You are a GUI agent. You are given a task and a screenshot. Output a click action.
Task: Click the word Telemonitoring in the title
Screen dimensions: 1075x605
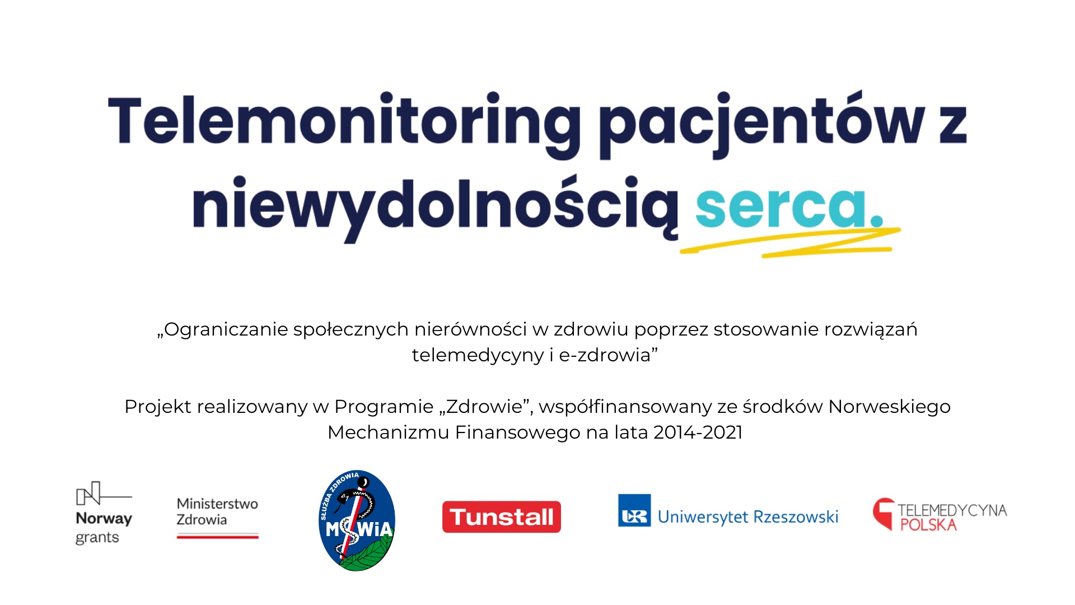pyautogui.click(x=344, y=124)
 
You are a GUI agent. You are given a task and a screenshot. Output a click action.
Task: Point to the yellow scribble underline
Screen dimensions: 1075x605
pyautogui.click(x=790, y=243)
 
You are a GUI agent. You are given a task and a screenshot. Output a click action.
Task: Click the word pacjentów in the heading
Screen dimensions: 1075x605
pyautogui.click(x=761, y=124)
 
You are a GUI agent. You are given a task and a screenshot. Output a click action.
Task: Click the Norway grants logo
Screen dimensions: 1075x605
pyautogui.click(x=104, y=513)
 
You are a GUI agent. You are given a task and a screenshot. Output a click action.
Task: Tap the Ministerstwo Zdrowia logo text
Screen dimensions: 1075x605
pyautogui.click(x=217, y=511)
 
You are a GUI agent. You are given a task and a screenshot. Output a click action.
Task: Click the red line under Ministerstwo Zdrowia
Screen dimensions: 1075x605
pyautogui.click(x=217, y=537)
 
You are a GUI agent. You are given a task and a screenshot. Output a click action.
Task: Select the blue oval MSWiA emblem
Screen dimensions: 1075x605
pyautogui.click(x=357, y=520)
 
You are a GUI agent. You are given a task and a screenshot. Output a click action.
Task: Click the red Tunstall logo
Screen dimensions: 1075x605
pyautogui.click(x=502, y=516)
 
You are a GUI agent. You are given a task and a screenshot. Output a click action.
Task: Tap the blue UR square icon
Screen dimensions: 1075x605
pyautogui.click(x=634, y=510)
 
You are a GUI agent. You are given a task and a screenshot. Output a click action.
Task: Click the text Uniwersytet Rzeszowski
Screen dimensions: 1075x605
pyautogui.click(x=748, y=516)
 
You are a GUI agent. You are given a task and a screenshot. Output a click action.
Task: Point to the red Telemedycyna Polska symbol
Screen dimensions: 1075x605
pyautogui.click(x=884, y=512)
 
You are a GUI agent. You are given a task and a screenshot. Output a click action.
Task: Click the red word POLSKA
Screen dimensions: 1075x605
pyautogui.click(x=928, y=525)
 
